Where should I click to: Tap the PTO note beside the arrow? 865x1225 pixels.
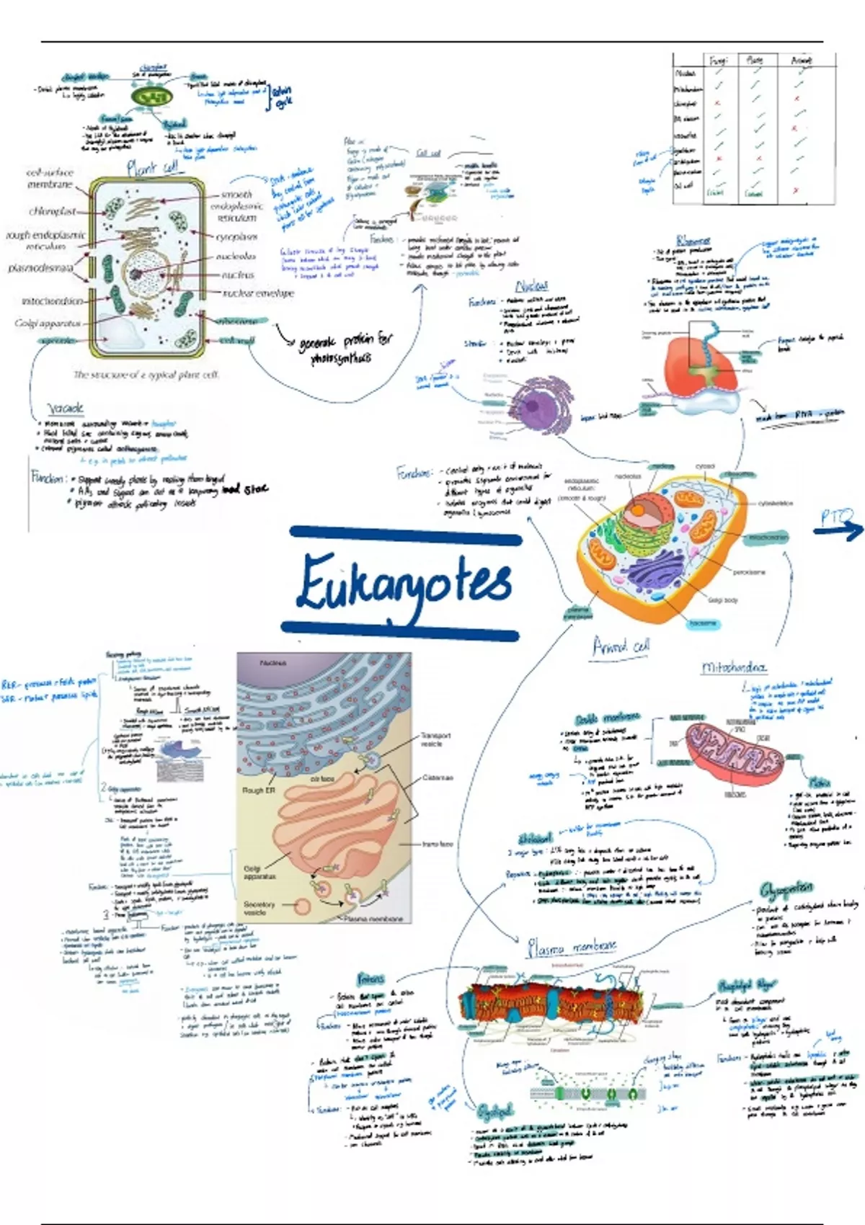[836, 517]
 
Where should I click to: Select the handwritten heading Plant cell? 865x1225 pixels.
[153, 168]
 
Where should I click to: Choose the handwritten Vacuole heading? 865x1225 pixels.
[66, 408]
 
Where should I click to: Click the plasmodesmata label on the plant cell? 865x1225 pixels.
[40, 268]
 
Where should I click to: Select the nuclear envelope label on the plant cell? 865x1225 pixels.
[258, 293]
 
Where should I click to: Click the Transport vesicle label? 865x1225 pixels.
[436, 739]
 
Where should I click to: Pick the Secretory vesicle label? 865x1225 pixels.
[259, 908]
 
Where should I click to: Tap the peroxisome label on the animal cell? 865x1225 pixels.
[749, 572]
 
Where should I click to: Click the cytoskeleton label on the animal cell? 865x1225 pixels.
[776, 504]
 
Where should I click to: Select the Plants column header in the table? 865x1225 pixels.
[754, 61]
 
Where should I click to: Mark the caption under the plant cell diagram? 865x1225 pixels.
[146, 375]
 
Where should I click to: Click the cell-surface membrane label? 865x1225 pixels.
[50, 179]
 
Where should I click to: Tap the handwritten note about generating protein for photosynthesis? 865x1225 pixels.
[345, 348]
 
